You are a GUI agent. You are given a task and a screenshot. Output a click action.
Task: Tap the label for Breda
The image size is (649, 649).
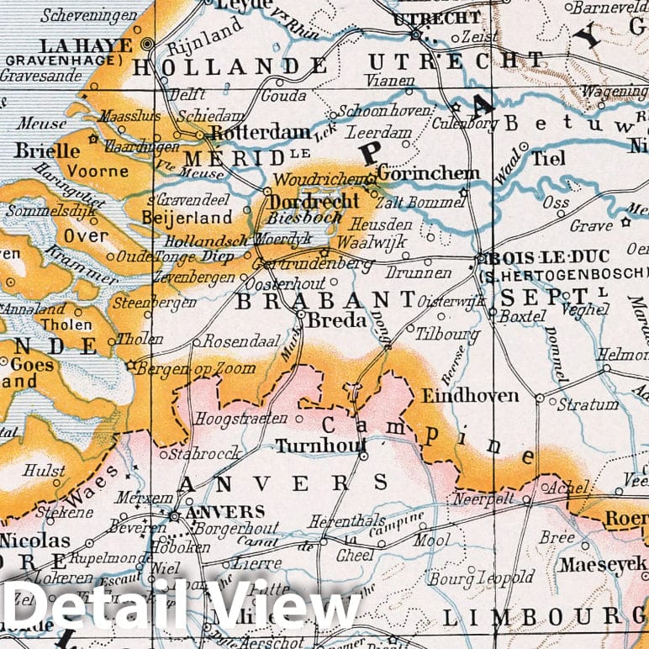point(337,320)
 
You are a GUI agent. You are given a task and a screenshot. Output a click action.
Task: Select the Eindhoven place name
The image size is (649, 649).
point(470,395)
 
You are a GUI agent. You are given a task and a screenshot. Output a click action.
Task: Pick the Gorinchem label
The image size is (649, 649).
point(429,174)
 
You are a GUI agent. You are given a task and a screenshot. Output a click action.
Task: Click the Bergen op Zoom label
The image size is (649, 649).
point(185,368)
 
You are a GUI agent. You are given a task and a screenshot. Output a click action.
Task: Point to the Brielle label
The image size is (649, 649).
point(47,152)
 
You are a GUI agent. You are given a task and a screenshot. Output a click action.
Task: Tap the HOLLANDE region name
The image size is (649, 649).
point(231,66)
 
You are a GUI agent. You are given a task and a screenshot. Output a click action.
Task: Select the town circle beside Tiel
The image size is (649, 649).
point(523,147)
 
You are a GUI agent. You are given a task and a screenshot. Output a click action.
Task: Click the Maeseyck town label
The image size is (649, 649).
point(603,565)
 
